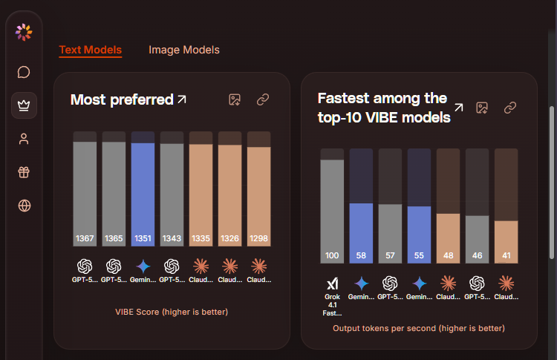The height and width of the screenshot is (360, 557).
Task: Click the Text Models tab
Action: pos(90,50)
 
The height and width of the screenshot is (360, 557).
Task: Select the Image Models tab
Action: pos(184,50)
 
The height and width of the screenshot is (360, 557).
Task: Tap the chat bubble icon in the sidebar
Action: pos(24,72)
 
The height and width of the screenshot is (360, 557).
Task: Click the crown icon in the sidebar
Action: pos(24,105)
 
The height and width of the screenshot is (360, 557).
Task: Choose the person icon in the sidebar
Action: pos(24,139)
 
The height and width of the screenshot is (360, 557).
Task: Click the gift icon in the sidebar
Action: pos(24,172)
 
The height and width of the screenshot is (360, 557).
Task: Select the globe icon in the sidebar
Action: pos(24,206)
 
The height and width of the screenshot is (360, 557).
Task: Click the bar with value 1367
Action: pos(85,193)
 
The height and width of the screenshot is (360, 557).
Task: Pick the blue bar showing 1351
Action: pos(143,193)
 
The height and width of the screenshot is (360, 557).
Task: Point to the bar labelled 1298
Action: pos(258,197)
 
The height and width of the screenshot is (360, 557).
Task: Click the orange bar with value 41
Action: pos(506,241)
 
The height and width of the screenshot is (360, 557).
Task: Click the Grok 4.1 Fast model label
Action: pos(332,296)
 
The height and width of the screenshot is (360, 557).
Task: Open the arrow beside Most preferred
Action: pos(182,99)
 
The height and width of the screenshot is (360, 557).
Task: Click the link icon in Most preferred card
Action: pos(262,99)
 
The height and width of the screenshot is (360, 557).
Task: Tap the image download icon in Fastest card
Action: pos(481,108)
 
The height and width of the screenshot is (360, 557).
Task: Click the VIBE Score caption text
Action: pos(172,312)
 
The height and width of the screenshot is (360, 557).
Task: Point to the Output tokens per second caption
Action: pos(419,327)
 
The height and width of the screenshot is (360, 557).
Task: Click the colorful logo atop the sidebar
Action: pos(24,32)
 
